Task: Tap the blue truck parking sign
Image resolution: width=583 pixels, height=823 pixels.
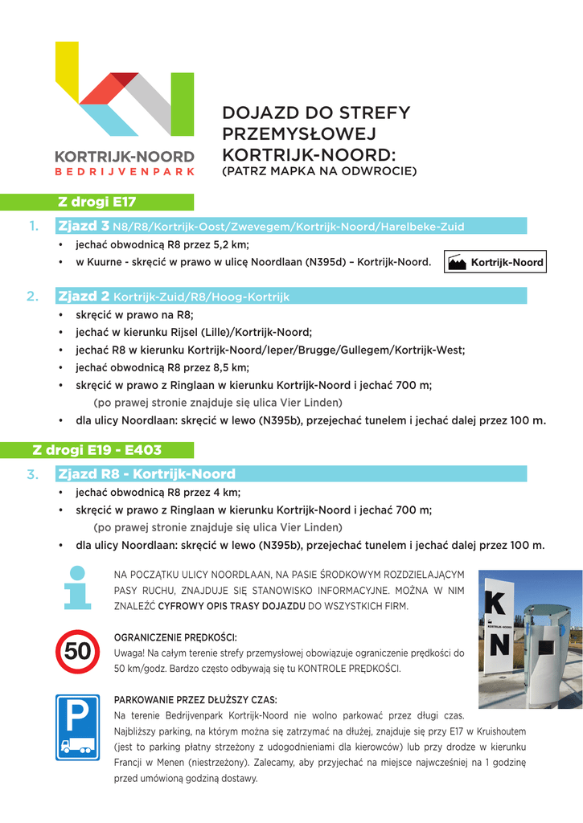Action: click(77, 727)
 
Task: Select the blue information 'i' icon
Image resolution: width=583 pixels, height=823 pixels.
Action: click(77, 588)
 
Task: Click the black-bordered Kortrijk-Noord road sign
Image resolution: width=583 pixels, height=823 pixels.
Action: click(495, 262)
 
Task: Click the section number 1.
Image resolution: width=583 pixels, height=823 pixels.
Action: click(34, 227)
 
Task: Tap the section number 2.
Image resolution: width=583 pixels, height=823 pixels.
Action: click(34, 297)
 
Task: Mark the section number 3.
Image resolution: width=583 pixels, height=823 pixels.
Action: click(34, 474)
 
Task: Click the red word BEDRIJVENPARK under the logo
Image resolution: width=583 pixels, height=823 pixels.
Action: click(125, 171)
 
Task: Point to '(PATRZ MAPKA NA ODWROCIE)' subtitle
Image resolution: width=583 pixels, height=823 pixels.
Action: click(319, 171)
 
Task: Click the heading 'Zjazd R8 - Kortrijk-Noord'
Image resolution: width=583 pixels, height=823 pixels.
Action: click(147, 474)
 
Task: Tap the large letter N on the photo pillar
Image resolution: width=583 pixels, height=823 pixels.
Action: click(499, 645)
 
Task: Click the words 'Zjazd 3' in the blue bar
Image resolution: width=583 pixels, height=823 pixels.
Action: click(84, 227)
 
